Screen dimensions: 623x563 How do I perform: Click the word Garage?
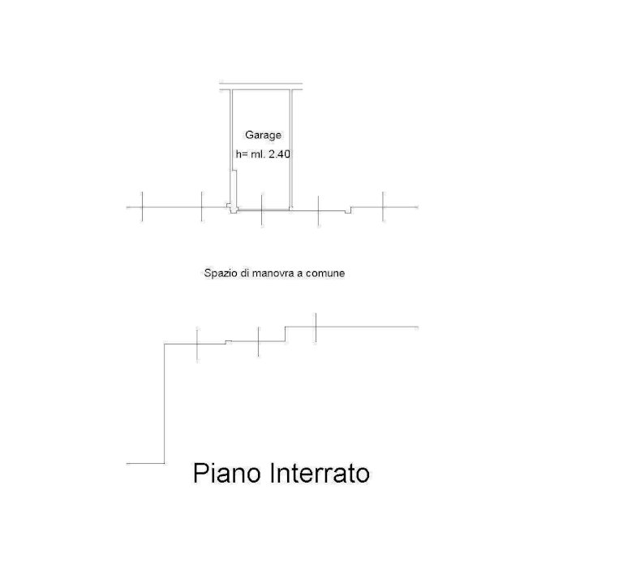coord(263,136)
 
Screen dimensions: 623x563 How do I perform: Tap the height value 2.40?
coord(280,154)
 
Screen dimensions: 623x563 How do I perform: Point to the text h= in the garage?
coord(242,154)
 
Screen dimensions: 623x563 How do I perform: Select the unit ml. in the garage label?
coord(258,154)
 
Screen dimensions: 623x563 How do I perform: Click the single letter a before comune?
coord(300,274)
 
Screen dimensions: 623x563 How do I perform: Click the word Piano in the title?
coord(227,473)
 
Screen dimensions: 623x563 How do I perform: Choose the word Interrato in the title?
coord(320,473)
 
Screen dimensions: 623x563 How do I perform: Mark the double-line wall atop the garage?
coord(261,86)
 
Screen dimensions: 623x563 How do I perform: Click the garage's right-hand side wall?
coord(291,149)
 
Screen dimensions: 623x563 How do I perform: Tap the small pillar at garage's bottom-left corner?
coord(233,208)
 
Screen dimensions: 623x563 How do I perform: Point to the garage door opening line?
coord(264,210)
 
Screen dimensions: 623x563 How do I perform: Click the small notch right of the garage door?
coord(348,210)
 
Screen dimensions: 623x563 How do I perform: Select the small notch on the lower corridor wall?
coord(229,342)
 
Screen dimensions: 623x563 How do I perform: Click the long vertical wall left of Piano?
coord(165,404)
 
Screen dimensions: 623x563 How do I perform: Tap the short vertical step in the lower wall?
coord(286,334)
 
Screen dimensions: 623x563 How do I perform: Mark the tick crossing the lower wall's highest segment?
coord(316,328)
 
